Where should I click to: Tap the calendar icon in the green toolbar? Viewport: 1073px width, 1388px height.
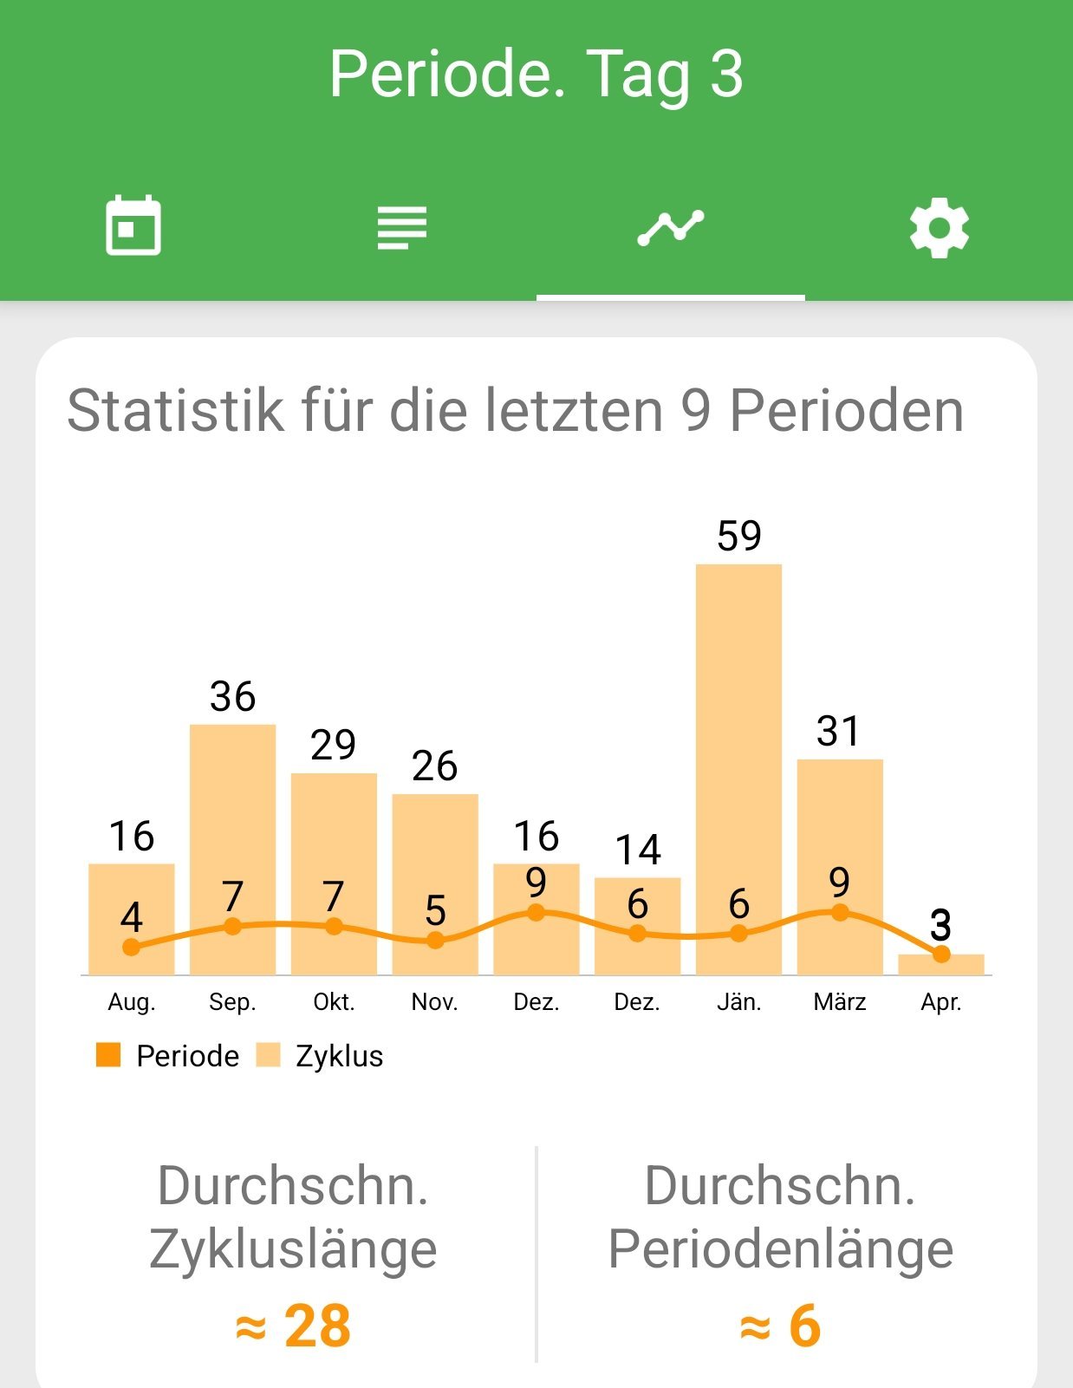133,226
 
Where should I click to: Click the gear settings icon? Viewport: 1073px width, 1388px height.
939,228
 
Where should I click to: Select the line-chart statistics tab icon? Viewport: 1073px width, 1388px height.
670,228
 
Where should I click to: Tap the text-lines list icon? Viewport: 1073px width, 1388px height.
402,227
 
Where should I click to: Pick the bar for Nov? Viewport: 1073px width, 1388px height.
435,867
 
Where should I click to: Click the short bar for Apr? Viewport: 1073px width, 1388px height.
940,965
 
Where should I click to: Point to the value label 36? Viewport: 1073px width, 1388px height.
232,697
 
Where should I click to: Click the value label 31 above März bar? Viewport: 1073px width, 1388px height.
839,732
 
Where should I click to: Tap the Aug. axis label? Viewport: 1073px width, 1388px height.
132,1002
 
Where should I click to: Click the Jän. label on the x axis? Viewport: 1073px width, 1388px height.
738,1002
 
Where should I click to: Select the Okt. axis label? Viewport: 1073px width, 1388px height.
334,1002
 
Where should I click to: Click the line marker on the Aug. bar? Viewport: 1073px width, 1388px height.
132,947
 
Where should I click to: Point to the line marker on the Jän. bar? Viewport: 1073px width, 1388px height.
738,934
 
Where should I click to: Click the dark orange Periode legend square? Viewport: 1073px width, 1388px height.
108,1055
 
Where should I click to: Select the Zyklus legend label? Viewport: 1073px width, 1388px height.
339,1056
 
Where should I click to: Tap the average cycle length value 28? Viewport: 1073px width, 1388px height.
316,1326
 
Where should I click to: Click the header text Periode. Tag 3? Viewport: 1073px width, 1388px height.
536,74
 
